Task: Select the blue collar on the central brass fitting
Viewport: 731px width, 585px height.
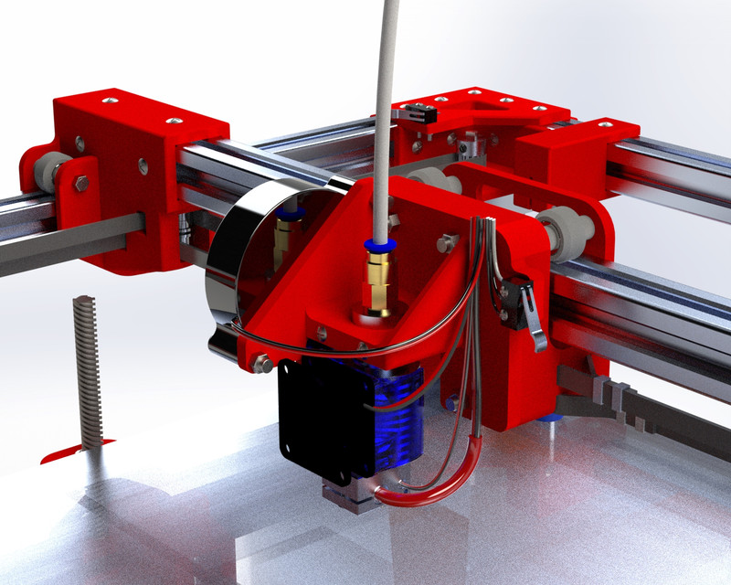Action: [x=376, y=245]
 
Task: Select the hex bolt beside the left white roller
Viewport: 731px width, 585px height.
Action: [x=81, y=184]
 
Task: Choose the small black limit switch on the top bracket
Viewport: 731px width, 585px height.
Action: [x=418, y=116]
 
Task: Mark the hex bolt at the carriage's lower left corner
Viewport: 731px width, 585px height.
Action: [x=260, y=364]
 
